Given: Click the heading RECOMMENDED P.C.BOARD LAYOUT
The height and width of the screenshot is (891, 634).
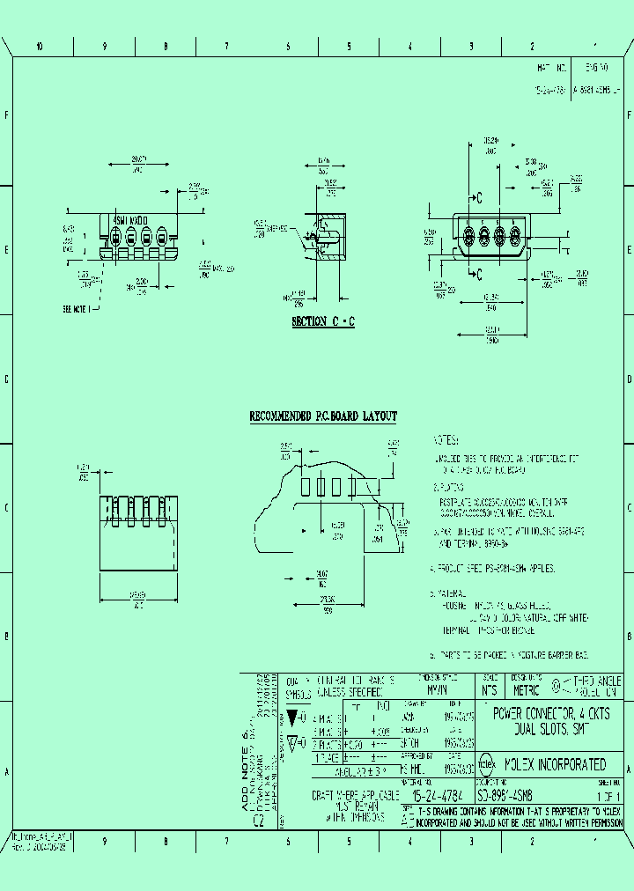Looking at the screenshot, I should [x=323, y=416].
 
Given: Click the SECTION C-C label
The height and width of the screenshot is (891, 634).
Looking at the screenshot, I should [x=323, y=322].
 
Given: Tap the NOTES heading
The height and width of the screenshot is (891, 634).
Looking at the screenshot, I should [x=446, y=440].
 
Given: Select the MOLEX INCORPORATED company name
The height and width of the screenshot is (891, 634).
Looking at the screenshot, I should [x=555, y=765].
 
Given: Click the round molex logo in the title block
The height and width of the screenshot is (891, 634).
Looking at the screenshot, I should [x=485, y=765].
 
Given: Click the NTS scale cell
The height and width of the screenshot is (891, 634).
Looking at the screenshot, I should [x=489, y=690].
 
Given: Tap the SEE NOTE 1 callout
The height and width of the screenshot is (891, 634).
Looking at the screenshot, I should [x=81, y=310].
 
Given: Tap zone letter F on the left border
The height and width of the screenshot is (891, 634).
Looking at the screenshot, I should [x=7, y=116].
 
